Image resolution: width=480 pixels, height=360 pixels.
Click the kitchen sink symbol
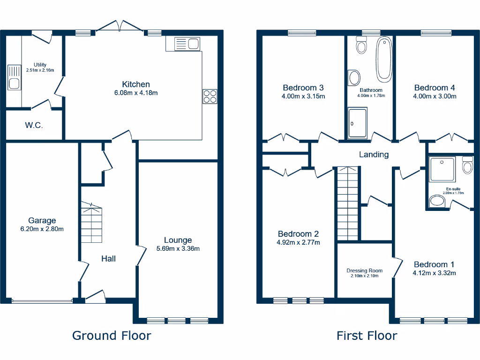pyautogui.click(x=186, y=45)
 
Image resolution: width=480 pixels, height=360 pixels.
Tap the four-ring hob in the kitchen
pyautogui.click(x=210, y=96)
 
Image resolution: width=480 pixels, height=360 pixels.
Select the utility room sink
pyautogui.click(x=14, y=78)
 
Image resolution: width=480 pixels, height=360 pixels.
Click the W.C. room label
pyautogui.click(x=34, y=125)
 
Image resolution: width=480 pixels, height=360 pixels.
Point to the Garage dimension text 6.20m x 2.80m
pyautogui.click(x=42, y=229)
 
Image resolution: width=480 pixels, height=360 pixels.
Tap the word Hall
pyautogui.click(x=108, y=258)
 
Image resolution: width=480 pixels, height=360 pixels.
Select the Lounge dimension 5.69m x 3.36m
pyautogui.click(x=178, y=248)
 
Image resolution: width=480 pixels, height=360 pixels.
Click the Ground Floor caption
pyautogui.click(x=112, y=336)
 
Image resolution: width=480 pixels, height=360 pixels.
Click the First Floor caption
pyautogui.click(x=367, y=336)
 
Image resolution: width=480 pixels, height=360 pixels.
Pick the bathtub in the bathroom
pyautogui.click(x=384, y=59)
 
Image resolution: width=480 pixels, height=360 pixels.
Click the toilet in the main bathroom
pyautogui.click(x=361, y=45)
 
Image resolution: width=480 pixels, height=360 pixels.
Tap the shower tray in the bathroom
pyautogui.click(x=358, y=123)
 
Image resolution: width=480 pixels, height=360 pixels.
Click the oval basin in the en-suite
pyautogui.click(x=438, y=202)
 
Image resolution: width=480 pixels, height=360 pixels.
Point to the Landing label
pyautogui.click(x=374, y=154)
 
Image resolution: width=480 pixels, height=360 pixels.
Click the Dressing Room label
pyautogui.click(x=364, y=270)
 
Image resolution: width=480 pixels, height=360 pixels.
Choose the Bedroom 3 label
pyautogui.click(x=303, y=88)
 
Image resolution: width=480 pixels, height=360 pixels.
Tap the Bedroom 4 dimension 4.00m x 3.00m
pyautogui.click(x=435, y=96)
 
